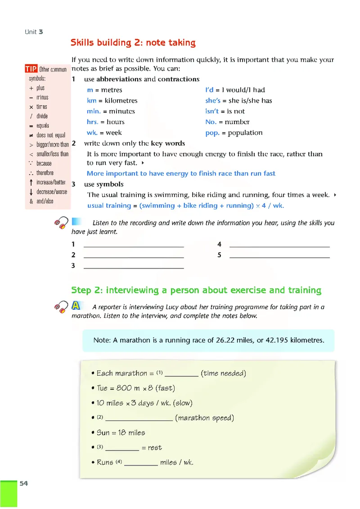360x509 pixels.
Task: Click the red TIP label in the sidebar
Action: (x=31, y=69)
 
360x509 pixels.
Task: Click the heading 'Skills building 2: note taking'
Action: (x=133, y=43)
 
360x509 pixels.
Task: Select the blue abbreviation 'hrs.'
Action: (x=93, y=122)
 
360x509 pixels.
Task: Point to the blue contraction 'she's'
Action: (x=213, y=101)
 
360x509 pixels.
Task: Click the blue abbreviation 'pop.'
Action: (x=212, y=133)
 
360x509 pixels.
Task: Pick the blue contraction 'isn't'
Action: (x=212, y=112)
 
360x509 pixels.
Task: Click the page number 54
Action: (x=23, y=483)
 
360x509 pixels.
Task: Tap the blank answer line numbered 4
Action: (x=279, y=246)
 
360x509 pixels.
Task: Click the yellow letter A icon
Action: (x=76, y=306)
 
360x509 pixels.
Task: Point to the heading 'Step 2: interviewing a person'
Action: (x=196, y=290)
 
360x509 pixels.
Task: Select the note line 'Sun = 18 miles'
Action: (x=121, y=433)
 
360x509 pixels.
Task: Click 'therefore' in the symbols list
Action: (x=45, y=173)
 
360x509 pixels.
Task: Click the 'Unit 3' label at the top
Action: (x=34, y=32)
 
